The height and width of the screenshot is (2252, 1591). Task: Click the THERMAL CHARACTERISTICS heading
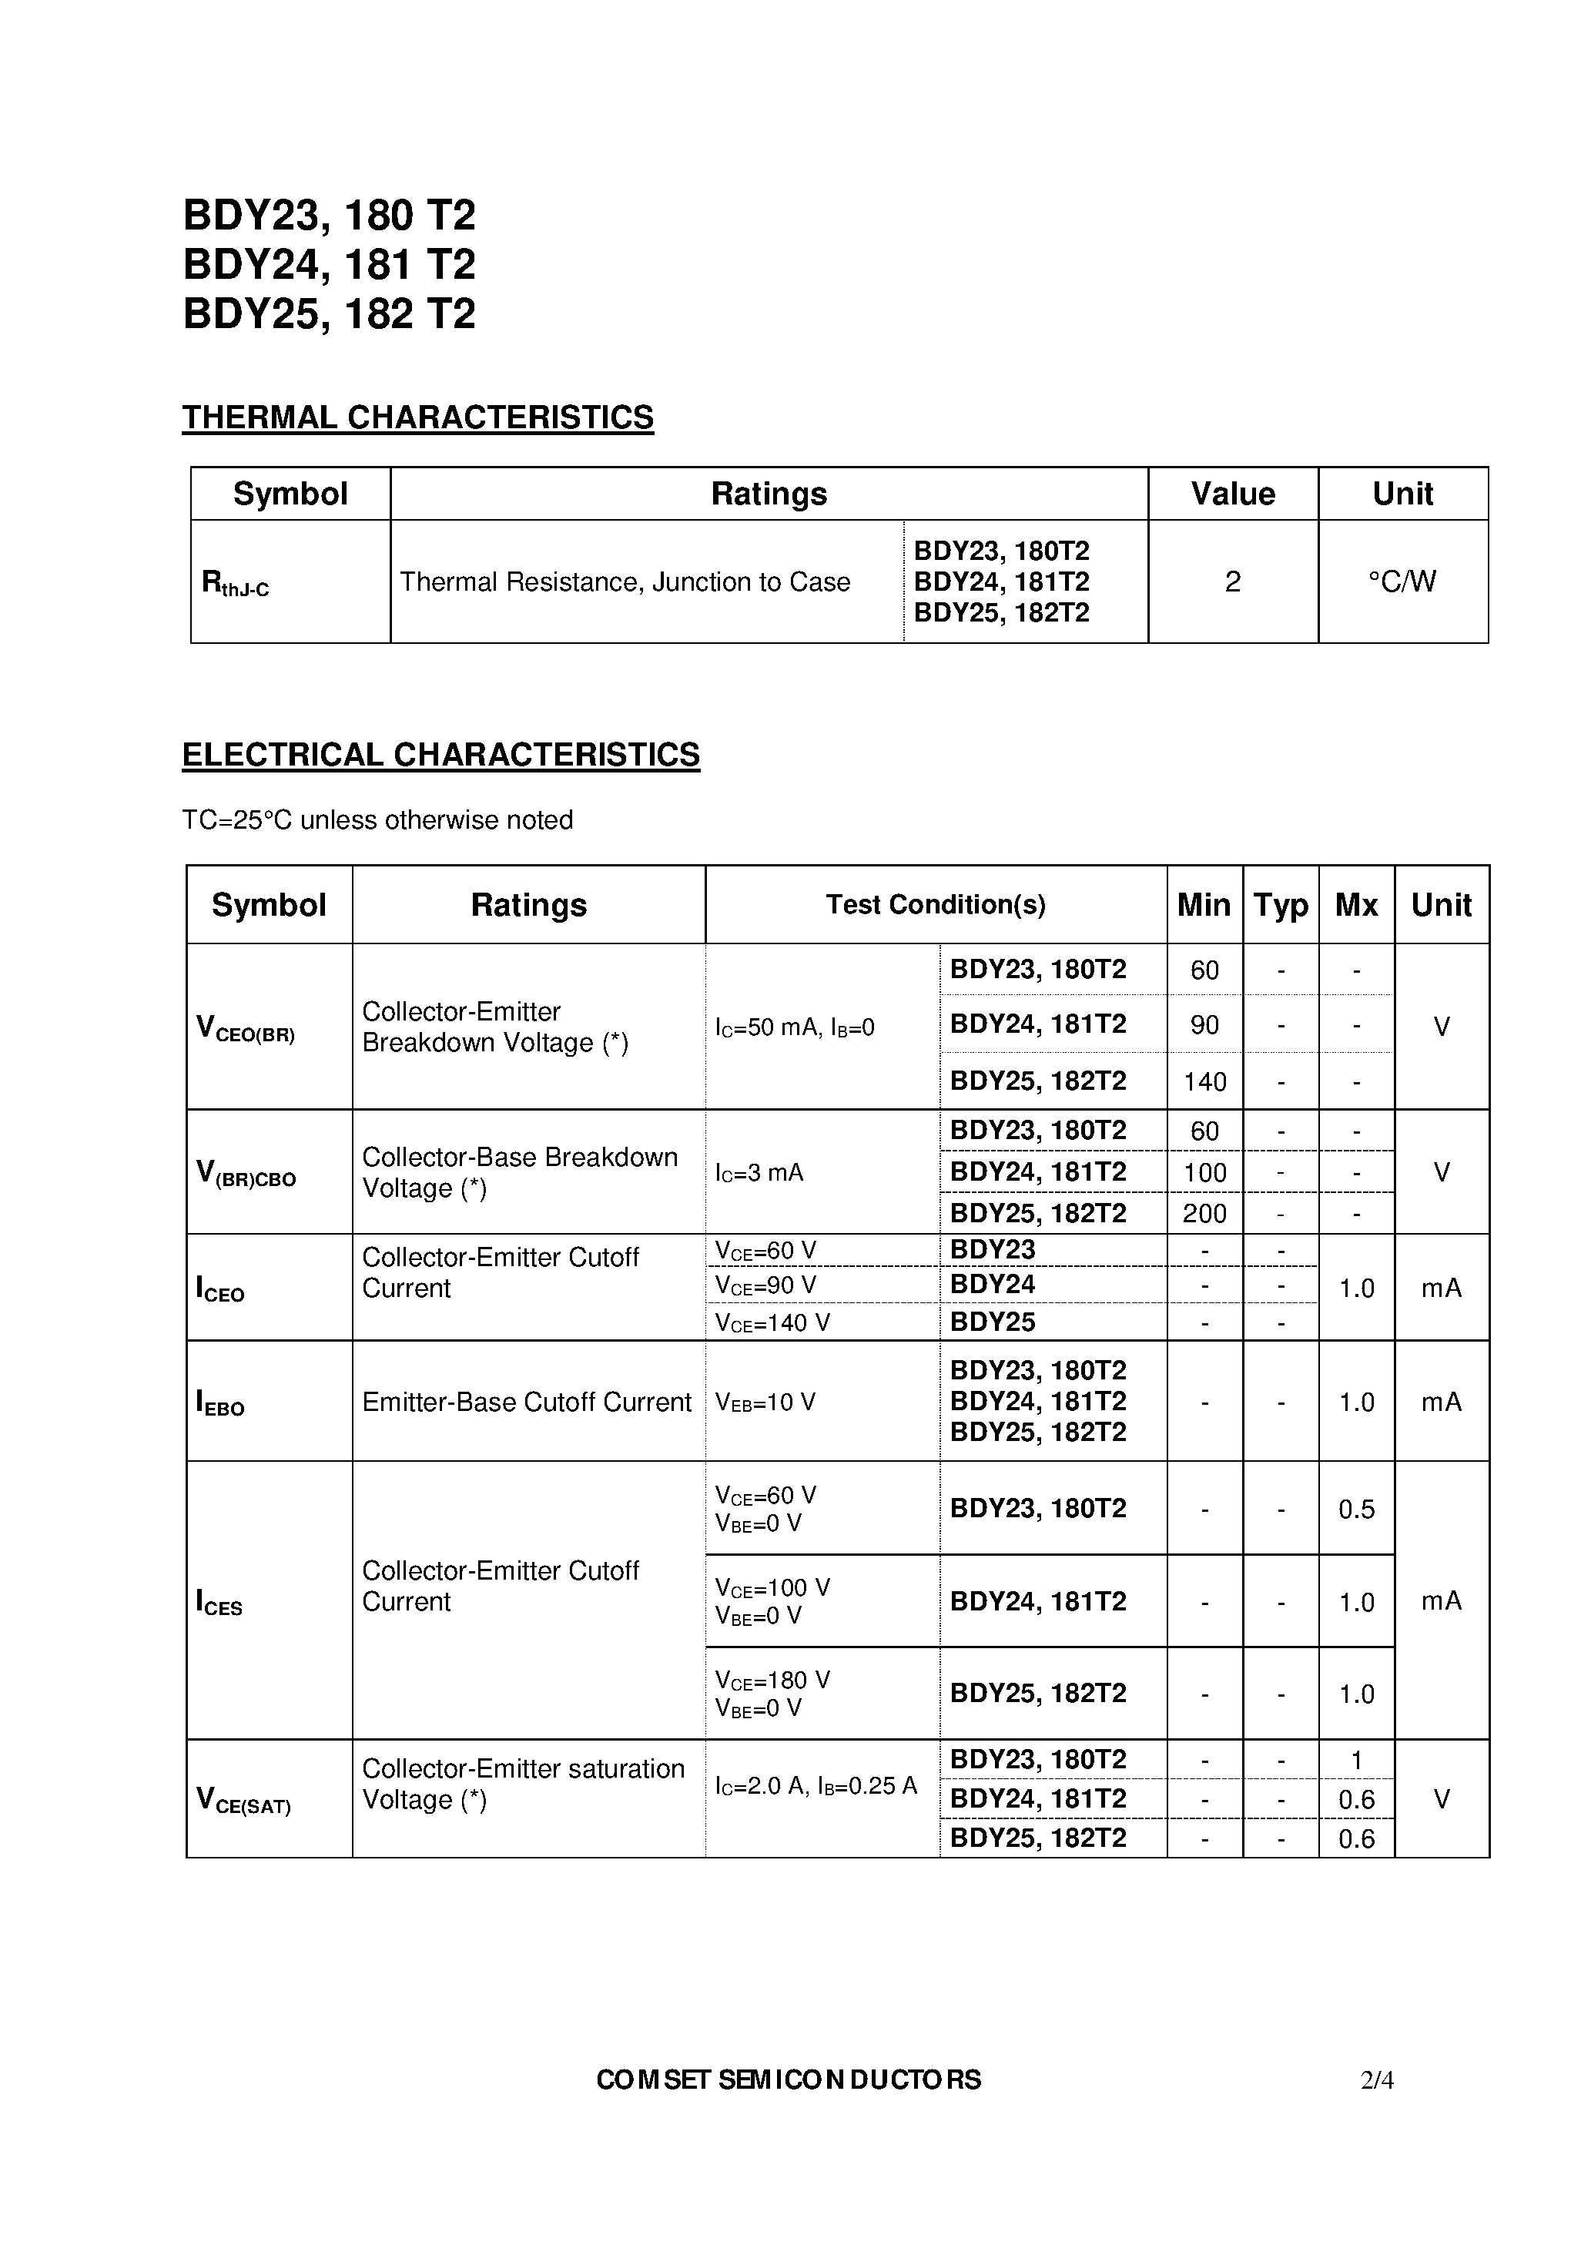[x=418, y=418]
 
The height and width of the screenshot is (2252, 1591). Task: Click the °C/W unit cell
[x=1402, y=581]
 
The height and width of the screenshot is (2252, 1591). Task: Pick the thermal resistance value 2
[x=1233, y=581]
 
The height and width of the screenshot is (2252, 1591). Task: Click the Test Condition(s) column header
[x=935, y=904]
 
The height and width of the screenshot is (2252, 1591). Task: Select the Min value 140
[x=1204, y=1082]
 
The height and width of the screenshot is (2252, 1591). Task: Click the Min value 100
[x=1204, y=1172]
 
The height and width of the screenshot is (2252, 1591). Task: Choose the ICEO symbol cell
[x=221, y=1289]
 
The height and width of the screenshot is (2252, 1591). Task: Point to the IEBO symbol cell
[x=221, y=1402]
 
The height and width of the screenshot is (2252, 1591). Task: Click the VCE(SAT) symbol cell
[x=244, y=1800]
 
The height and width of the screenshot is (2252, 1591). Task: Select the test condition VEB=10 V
[x=765, y=1402]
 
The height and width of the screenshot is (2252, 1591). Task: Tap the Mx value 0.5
[x=1357, y=1510]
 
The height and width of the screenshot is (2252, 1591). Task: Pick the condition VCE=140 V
[x=773, y=1323]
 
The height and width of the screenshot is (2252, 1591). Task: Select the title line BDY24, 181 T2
[x=330, y=265]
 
